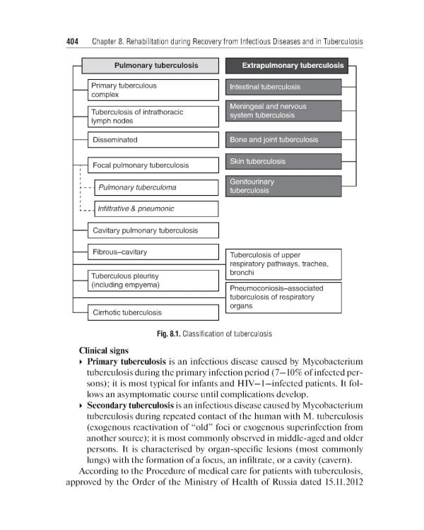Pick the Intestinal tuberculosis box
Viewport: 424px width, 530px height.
click(283, 88)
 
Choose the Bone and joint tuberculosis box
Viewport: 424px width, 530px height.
click(283, 140)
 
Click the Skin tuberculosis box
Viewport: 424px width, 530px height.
click(283, 162)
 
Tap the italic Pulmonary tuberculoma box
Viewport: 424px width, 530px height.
click(156, 187)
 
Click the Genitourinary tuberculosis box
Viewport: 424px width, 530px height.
click(283, 187)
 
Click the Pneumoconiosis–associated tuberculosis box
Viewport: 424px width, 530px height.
click(283, 298)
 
